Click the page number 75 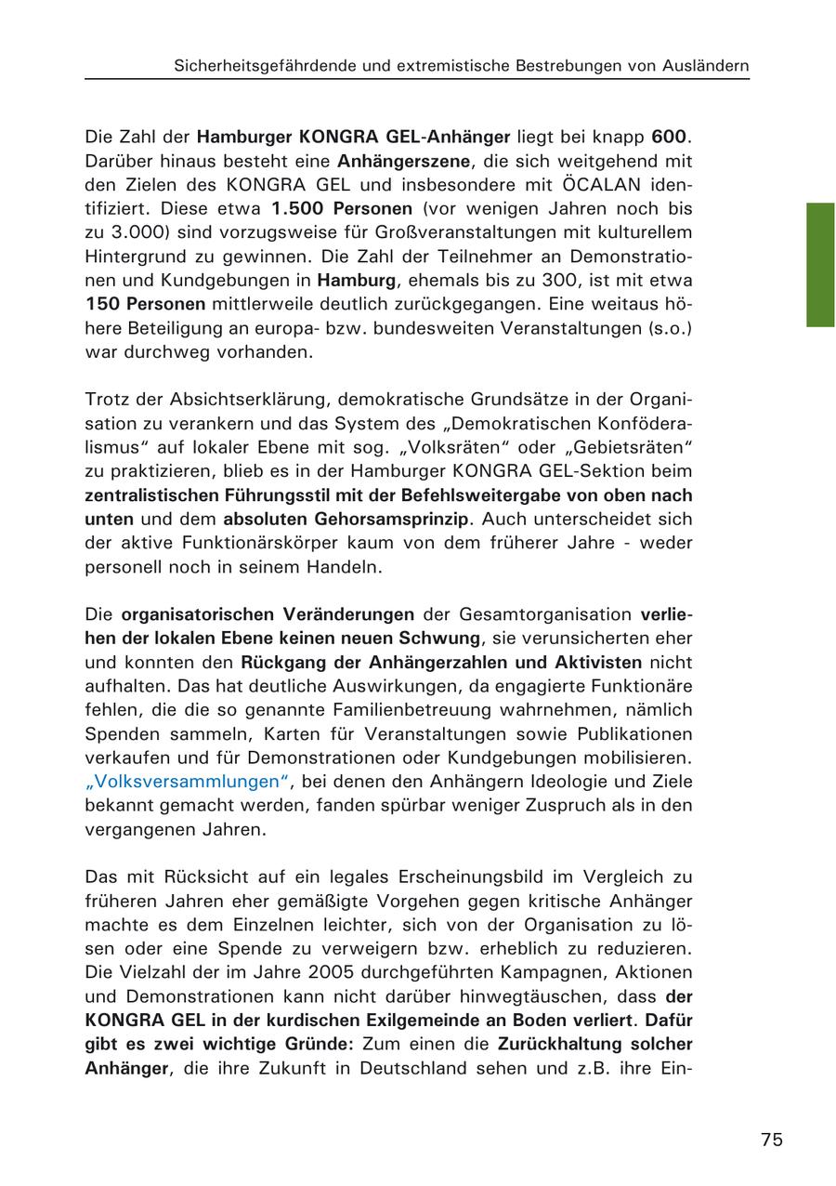tap(771, 1140)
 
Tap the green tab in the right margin tap(820, 265)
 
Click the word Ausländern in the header tap(705, 66)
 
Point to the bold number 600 tap(672, 138)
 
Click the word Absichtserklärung tap(247, 400)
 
